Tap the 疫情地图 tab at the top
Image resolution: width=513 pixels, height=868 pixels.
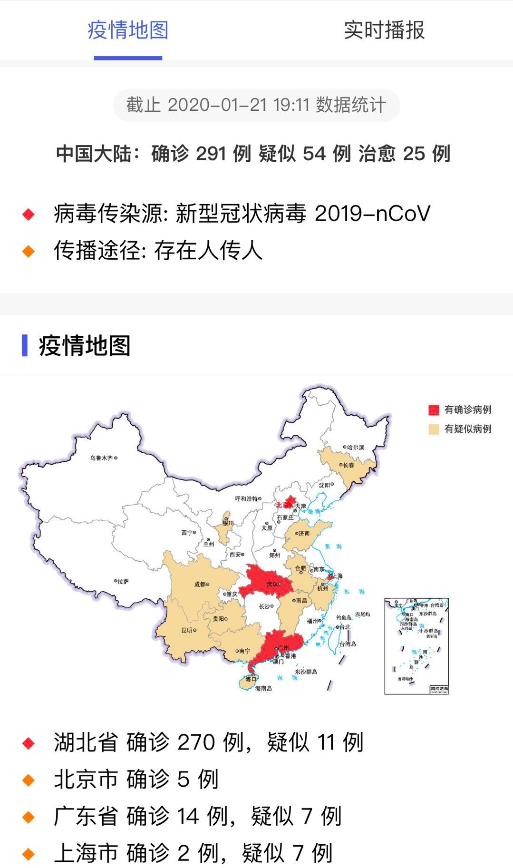(x=128, y=30)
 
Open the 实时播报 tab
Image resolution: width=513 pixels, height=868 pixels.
(x=384, y=30)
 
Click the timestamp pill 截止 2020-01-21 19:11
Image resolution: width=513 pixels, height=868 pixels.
(x=256, y=105)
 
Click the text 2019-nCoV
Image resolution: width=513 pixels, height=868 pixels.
(x=372, y=214)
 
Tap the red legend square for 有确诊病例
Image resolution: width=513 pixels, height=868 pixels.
(x=433, y=410)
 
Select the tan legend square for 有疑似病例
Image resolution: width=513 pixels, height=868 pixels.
(x=433, y=429)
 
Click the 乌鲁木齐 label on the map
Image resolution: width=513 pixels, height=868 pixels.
(x=102, y=458)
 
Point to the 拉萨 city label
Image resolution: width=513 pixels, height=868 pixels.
(x=123, y=581)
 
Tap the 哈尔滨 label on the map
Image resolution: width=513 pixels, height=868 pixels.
(x=355, y=448)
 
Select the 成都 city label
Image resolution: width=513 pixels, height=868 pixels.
(x=200, y=585)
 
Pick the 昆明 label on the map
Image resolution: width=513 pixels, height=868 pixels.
(x=187, y=630)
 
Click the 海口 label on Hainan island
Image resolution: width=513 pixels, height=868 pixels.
(x=251, y=679)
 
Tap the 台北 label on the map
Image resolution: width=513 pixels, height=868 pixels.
(x=345, y=627)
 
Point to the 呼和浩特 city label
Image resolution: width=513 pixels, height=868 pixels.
(x=246, y=498)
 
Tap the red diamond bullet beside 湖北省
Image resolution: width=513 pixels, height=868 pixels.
(x=29, y=742)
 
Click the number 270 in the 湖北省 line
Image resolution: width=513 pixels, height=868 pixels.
(x=196, y=742)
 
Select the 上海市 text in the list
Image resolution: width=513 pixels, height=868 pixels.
(x=86, y=853)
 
